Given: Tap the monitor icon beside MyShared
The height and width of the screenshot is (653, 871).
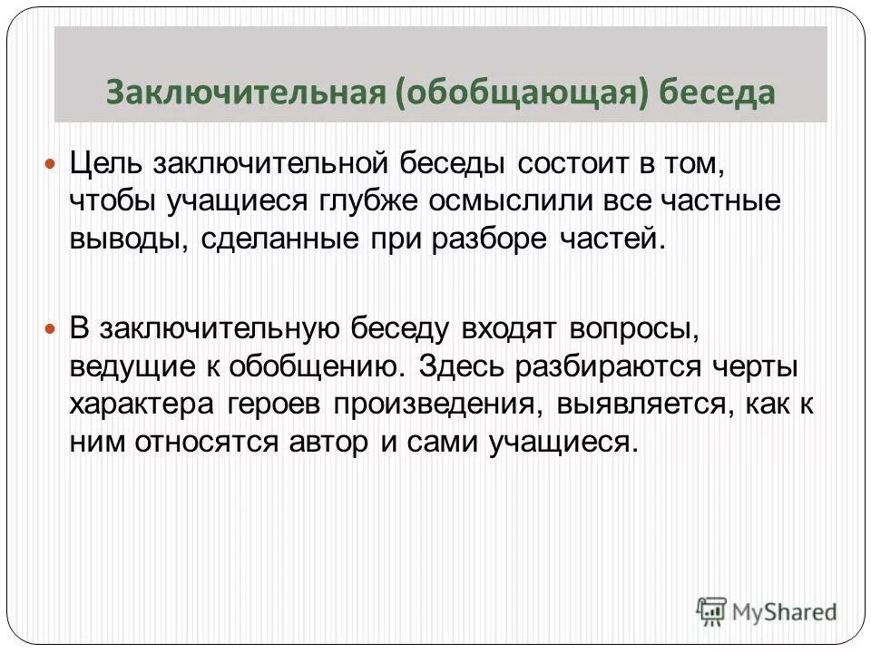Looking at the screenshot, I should pos(711,611).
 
